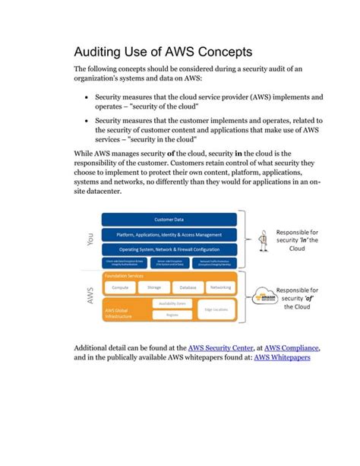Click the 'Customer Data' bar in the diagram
tap(169, 219)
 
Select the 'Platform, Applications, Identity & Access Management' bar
tap(169, 234)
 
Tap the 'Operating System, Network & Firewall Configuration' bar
tap(169, 249)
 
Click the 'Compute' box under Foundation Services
tap(120, 287)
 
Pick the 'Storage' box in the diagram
tap(153, 287)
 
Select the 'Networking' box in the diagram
tap(220, 287)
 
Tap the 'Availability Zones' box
tap(172, 303)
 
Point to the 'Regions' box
tap(172, 314)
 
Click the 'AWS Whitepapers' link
tap(287, 357)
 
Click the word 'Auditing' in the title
tap(99, 53)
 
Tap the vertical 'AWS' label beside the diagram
tap(91, 297)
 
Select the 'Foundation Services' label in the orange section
tap(125, 275)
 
